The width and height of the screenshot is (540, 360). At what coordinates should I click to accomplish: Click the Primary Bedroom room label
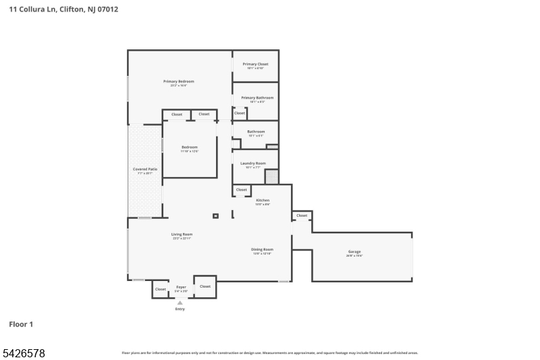coord(179,81)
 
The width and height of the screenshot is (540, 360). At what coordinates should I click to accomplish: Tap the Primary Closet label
coord(255,64)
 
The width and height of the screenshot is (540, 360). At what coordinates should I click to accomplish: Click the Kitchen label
coord(263,200)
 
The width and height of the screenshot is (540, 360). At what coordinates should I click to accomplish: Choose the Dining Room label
coord(263,249)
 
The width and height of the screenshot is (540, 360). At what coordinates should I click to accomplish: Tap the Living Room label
coord(182,234)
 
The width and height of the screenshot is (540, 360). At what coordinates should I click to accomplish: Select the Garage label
coord(354,251)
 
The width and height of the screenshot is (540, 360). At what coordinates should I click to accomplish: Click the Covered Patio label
coord(145,169)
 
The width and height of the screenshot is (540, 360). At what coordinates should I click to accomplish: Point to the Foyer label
coord(181,287)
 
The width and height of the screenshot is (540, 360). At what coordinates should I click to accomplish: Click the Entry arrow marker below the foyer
coord(180,303)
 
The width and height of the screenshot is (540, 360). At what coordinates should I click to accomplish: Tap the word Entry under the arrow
coord(180,309)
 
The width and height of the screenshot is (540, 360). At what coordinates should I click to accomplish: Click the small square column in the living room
coord(215,216)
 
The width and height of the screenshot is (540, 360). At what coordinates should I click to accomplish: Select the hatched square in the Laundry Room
coord(271,177)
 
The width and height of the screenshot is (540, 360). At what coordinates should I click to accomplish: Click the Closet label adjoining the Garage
coord(302,215)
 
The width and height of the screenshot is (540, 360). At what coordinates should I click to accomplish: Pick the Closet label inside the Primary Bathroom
coord(240,113)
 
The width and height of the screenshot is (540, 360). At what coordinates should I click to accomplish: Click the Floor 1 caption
coord(21,324)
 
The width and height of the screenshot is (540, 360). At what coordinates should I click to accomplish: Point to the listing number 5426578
coord(24,353)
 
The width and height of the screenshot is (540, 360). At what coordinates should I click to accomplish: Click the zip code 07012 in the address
coord(107,9)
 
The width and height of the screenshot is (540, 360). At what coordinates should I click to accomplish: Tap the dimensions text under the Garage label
coord(354,255)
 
